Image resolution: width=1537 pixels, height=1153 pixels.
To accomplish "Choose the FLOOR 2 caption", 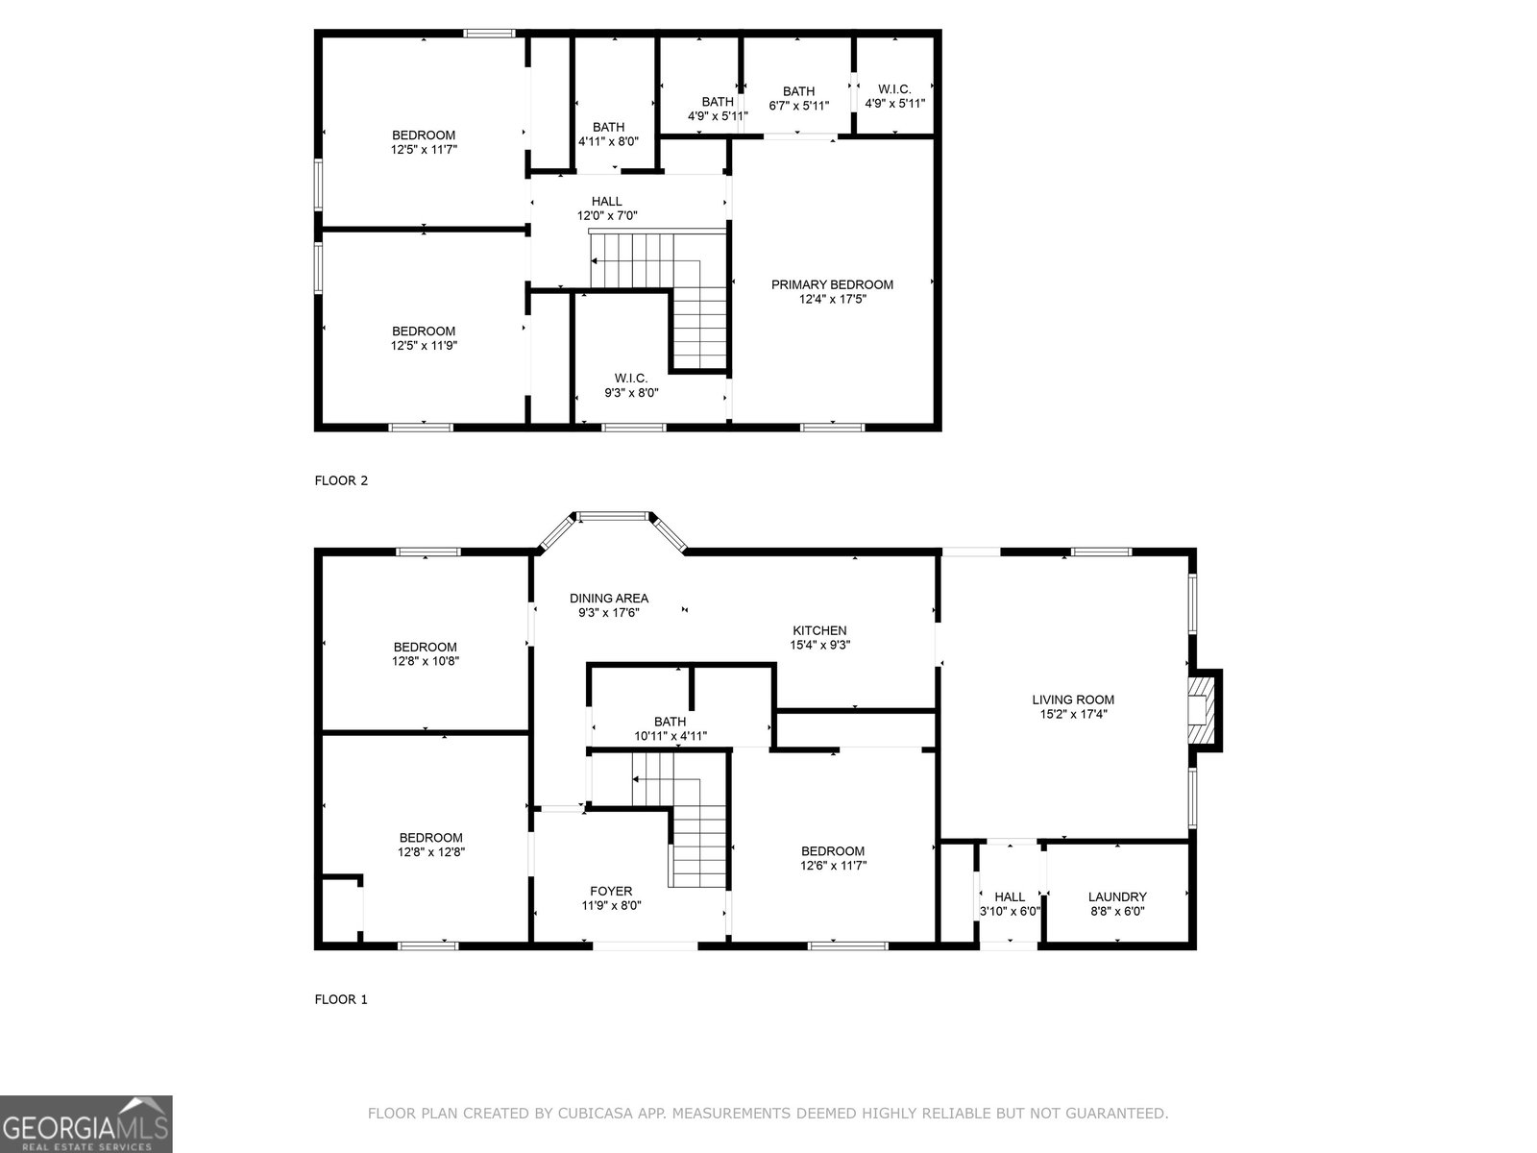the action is click(341, 480).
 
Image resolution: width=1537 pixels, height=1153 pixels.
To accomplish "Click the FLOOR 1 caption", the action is click(341, 999).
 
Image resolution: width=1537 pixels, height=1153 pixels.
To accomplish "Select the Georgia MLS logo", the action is click(86, 1124).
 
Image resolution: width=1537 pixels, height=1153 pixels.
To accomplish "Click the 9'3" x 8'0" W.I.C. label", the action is click(631, 385).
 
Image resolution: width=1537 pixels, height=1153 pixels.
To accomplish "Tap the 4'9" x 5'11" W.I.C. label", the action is click(895, 97).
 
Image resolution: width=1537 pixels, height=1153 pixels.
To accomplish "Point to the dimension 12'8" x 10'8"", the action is click(426, 661).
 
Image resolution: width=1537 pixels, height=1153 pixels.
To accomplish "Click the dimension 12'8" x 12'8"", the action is click(431, 852).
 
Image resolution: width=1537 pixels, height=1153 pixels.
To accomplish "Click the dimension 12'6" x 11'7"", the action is click(833, 866).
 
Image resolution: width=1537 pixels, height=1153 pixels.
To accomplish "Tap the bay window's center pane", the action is click(614, 517).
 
